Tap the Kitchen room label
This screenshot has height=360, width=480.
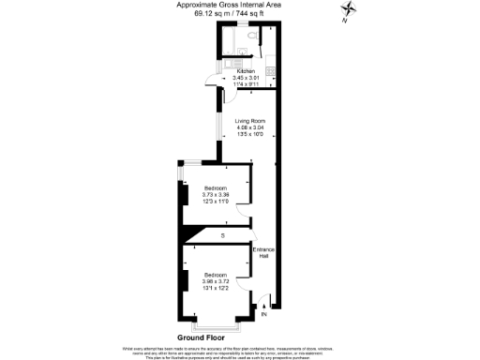coord(246,71)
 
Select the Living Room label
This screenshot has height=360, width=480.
coord(248,121)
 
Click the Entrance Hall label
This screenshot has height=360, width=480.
coord(262,253)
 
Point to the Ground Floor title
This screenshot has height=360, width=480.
coord(203,337)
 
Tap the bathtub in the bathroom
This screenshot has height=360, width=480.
coord(234,38)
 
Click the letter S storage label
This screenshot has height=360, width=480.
coord(222,234)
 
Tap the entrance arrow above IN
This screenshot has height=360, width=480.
coord(264,303)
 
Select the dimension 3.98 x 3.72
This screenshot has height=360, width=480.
coord(217,280)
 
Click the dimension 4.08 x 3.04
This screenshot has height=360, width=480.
coord(248,127)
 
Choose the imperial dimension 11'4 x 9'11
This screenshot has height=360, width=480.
coord(246,83)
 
